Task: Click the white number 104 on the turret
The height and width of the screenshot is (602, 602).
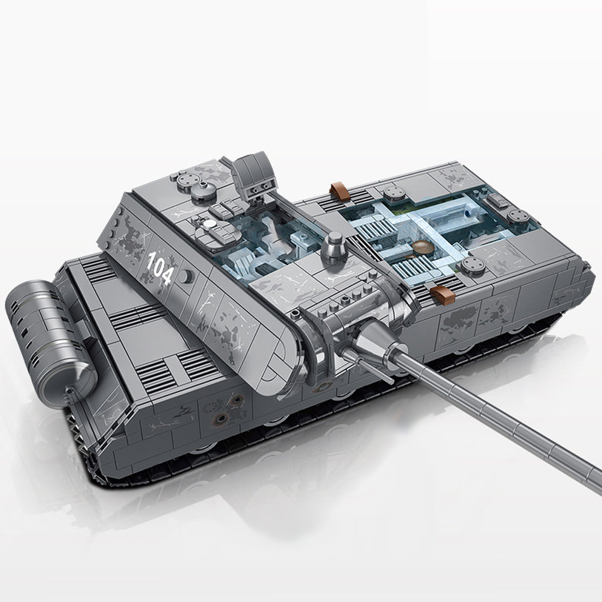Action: click(x=160, y=267)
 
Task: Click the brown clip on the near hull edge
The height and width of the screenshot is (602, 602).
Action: click(x=442, y=294)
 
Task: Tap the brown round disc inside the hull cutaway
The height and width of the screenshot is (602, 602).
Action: click(x=422, y=246)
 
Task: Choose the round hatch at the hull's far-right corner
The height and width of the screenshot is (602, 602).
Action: click(x=518, y=216)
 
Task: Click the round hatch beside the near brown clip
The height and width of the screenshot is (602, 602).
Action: click(x=473, y=264)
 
